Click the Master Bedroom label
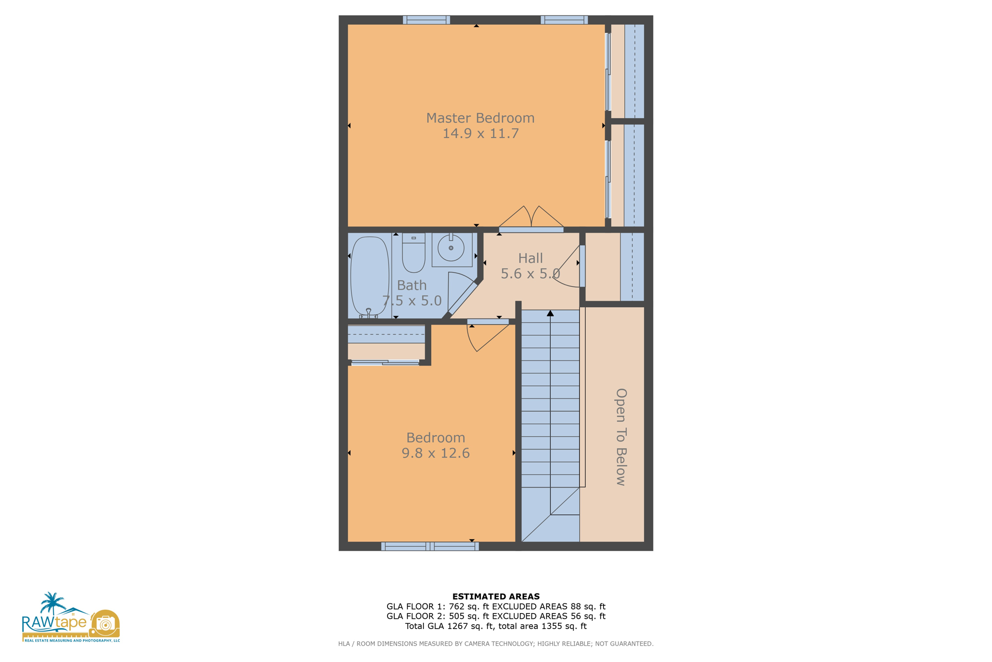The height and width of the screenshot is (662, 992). [x=480, y=118]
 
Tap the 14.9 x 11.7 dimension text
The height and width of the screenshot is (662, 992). [x=480, y=133]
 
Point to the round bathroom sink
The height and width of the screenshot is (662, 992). [x=451, y=248]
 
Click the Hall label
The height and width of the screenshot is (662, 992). [x=530, y=258]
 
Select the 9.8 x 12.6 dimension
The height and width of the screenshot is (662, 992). [x=435, y=453]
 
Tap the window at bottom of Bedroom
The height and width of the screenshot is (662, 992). [x=430, y=546]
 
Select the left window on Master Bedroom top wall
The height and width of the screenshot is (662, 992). [x=426, y=20]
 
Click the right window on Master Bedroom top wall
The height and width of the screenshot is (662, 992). [x=564, y=20]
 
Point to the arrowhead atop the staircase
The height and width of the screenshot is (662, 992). [x=550, y=314]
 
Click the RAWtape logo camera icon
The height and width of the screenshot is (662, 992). [x=105, y=623]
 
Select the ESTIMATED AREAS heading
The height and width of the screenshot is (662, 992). [x=496, y=597]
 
